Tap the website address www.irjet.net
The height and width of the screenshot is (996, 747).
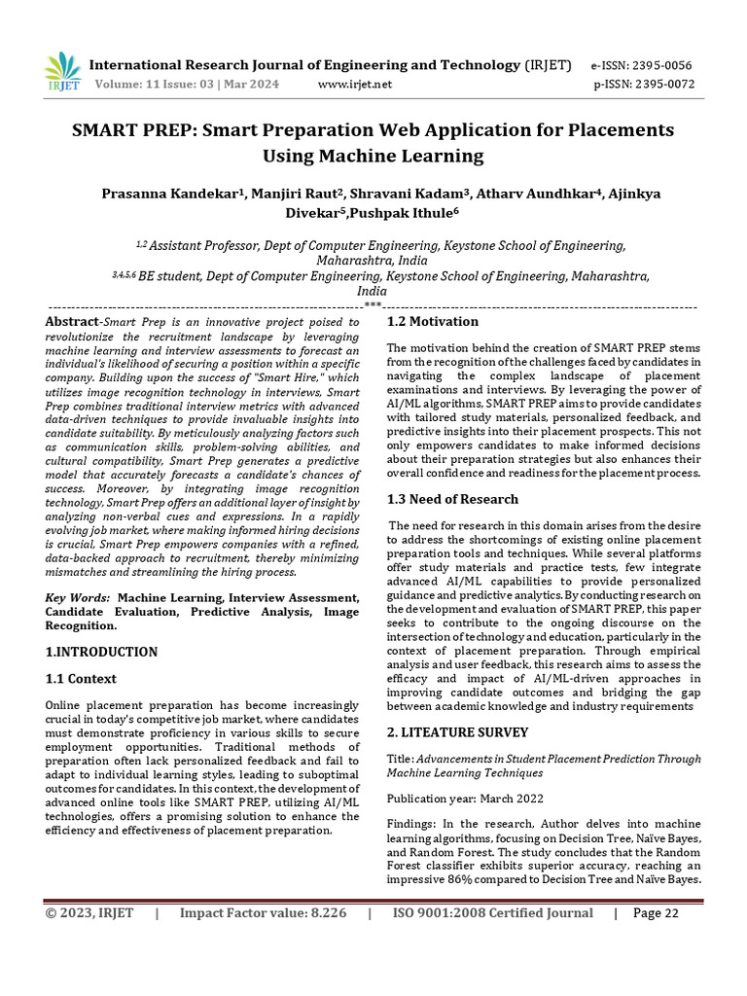(x=355, y=85)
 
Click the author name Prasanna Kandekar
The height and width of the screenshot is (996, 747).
(x=170, y=194)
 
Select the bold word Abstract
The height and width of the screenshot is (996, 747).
(x=72, y=322)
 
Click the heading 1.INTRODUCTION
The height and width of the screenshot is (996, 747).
(x=101, y=652)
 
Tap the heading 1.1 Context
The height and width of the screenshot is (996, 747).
(x=81, y=679)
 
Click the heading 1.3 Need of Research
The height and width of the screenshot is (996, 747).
(x=452, y=499)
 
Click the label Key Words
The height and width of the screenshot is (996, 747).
(x=77, y=597)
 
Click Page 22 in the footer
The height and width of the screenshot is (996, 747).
(x=657, y=913)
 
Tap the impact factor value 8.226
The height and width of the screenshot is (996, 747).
(x=327, y=913)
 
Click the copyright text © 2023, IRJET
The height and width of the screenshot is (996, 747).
(x=89, y=913)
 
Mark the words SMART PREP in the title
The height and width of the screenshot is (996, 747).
(x=142, y=130)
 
